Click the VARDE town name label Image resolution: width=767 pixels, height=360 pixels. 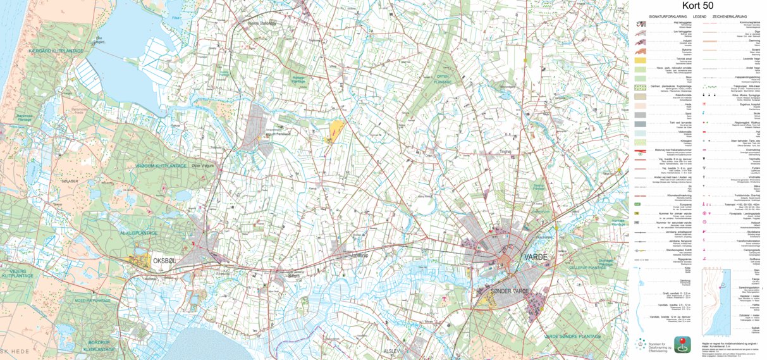point(536,258)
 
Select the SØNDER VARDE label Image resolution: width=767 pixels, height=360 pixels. point(511,290)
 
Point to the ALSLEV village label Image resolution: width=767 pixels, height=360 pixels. point(392,351)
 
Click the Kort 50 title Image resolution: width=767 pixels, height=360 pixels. point(699,6)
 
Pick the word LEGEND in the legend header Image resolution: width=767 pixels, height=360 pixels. point(699,16)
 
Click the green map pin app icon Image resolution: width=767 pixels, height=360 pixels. point(682,345)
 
